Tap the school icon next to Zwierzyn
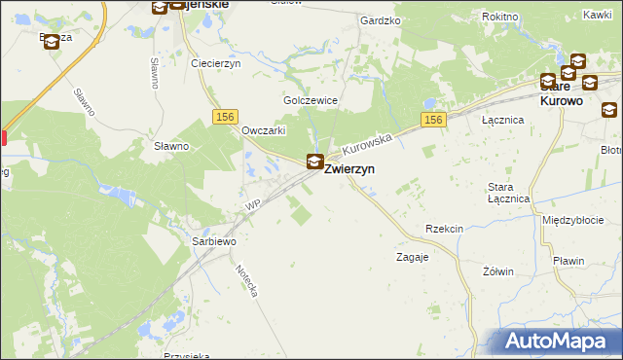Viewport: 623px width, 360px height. (315, 162)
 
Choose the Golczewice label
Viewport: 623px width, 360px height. (310, 100)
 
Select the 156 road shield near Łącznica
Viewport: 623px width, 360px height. (434, 120)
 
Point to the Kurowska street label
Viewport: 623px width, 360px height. (368, 146)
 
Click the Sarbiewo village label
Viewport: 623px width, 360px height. (214, 240)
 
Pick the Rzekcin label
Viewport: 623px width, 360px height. (444, 229)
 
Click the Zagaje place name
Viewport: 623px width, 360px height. (413, 258)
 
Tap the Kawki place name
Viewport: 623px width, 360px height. (597, 14)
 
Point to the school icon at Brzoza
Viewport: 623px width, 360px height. (52, 43)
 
